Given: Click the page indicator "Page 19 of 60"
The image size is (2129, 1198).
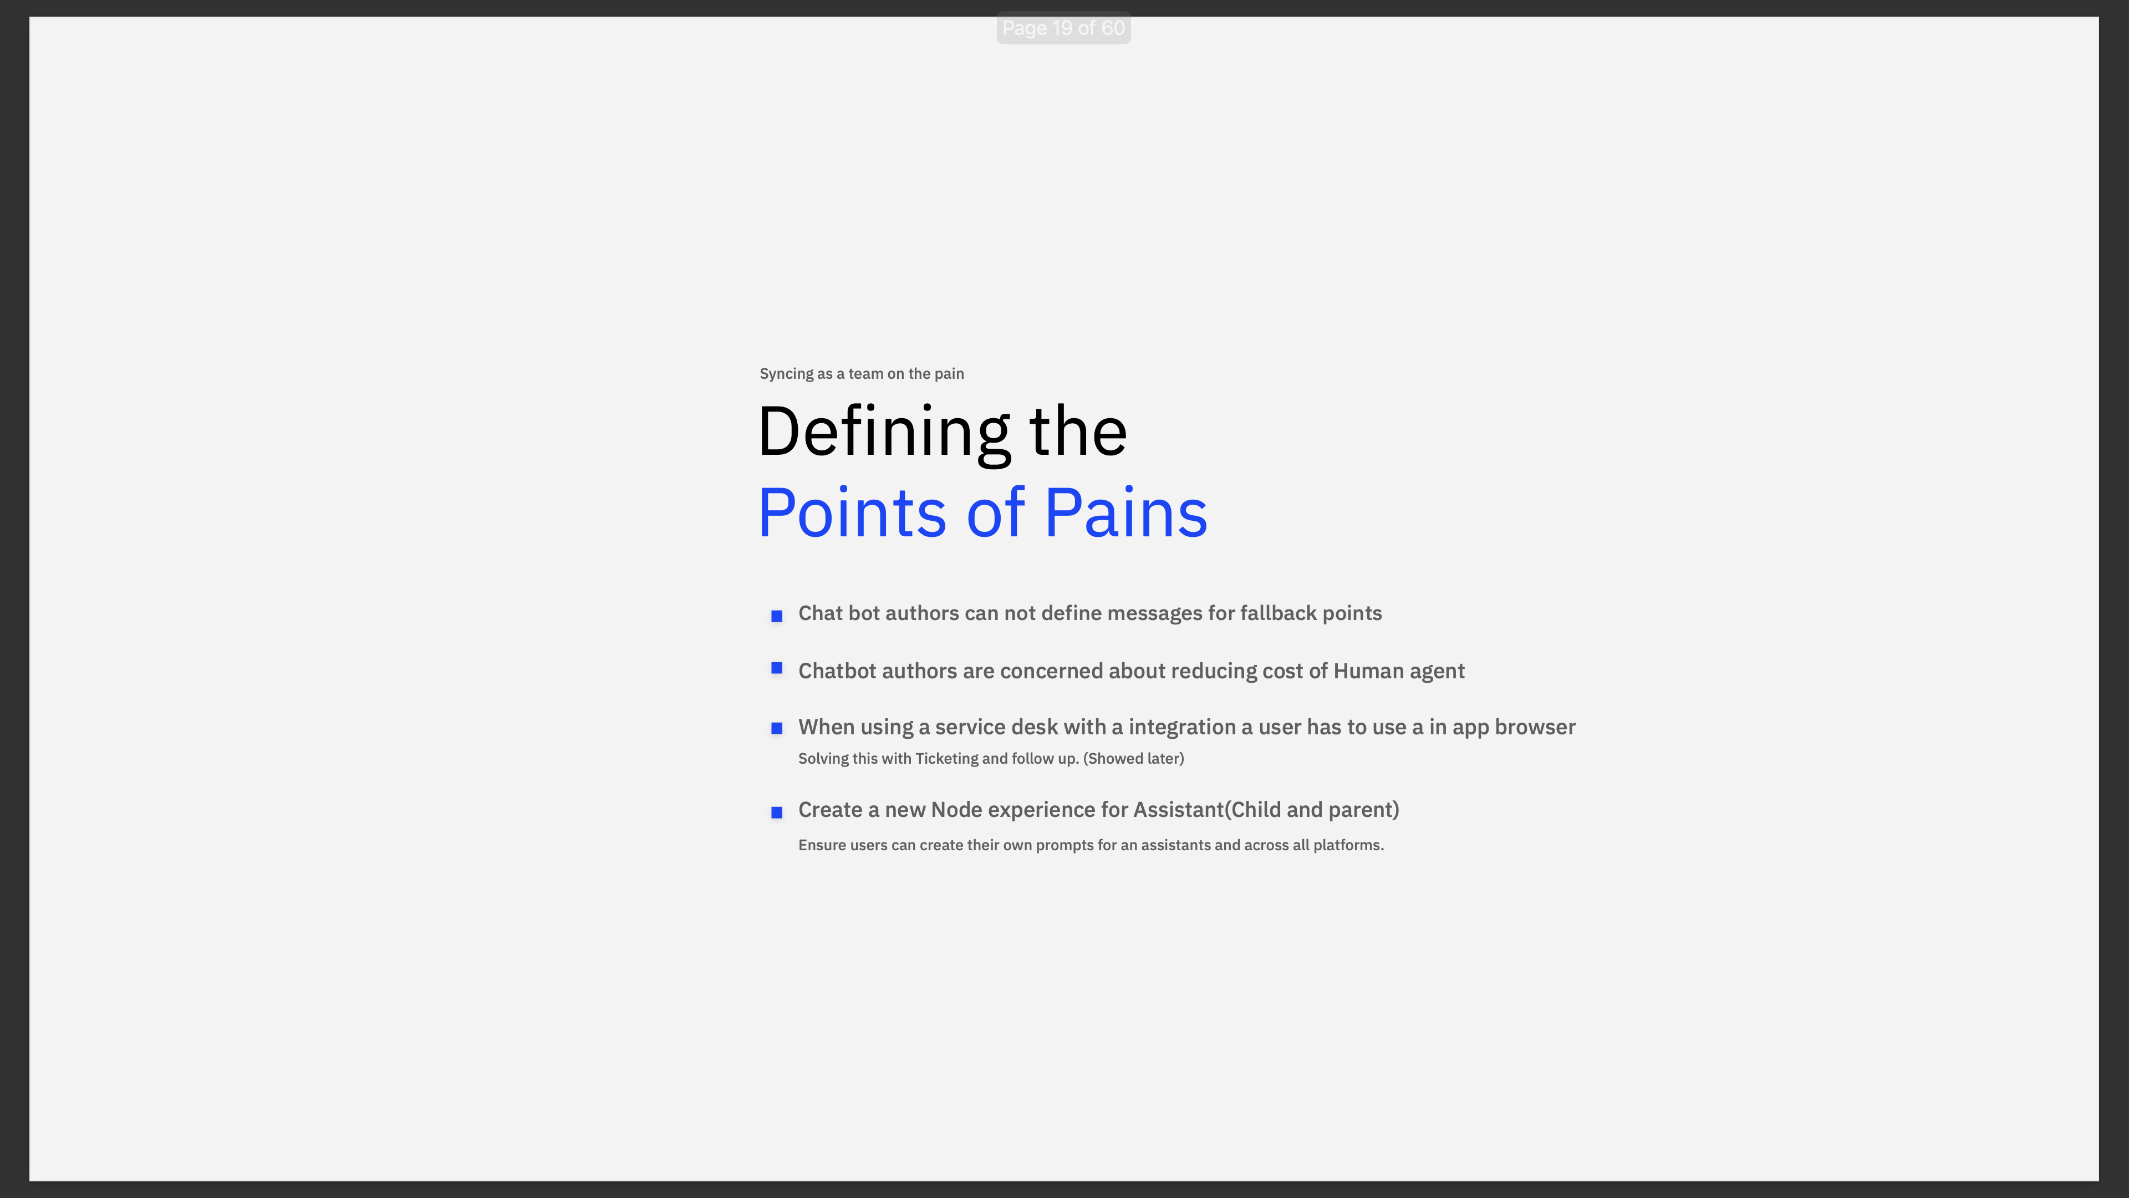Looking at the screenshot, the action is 1063,28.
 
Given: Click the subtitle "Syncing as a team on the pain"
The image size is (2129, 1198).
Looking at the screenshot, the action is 861,374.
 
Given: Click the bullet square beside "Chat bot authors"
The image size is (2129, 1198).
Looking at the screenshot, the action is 776,616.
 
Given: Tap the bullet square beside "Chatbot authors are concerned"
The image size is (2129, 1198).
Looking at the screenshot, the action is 776,668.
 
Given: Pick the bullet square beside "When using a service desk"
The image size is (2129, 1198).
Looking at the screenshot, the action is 776,728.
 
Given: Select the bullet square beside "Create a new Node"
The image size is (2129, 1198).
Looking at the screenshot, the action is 776,813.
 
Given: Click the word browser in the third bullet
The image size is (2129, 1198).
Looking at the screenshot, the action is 1535,728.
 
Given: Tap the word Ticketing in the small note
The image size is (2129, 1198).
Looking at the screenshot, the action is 946,759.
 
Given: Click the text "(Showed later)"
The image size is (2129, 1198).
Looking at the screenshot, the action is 1133,759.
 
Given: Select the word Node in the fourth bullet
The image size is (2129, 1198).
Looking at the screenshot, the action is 956,810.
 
